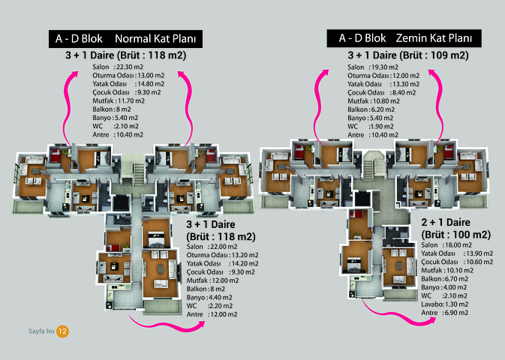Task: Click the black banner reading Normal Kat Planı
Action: (125, 38)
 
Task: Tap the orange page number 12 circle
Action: (63, 331)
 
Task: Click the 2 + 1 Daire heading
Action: (446, 223)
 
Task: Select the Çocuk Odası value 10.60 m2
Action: (476, 262)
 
